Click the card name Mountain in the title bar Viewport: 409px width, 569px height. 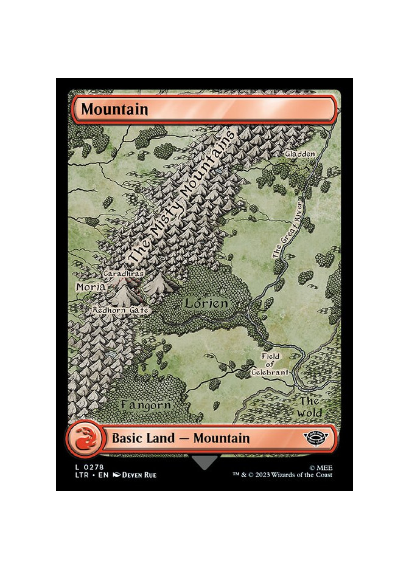pyautogui.click(x=114, y=109)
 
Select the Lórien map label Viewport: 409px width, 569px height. pyautogui.click(x=207, y=303)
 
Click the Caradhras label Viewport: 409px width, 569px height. pyautogui.click(x=124, y=274)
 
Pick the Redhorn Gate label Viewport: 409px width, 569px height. pyautogui.click(x=121, y=310)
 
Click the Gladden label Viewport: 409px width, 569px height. pyautogui.click(x=299, y=154)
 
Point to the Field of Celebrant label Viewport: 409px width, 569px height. pyautogui.click(x=275, y=364)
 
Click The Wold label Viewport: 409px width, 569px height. pyautogui.click(x=309, y=407)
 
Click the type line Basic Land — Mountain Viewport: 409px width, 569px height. pyautogui.click(x=181, y=438)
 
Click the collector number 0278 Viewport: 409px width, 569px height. pyautogui.click(x=88, y=466)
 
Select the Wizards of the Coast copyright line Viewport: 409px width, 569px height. pyautogui.click(x=282, y=475)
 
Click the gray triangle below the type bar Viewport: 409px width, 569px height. pyautogui.click(x=204, y=462)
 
